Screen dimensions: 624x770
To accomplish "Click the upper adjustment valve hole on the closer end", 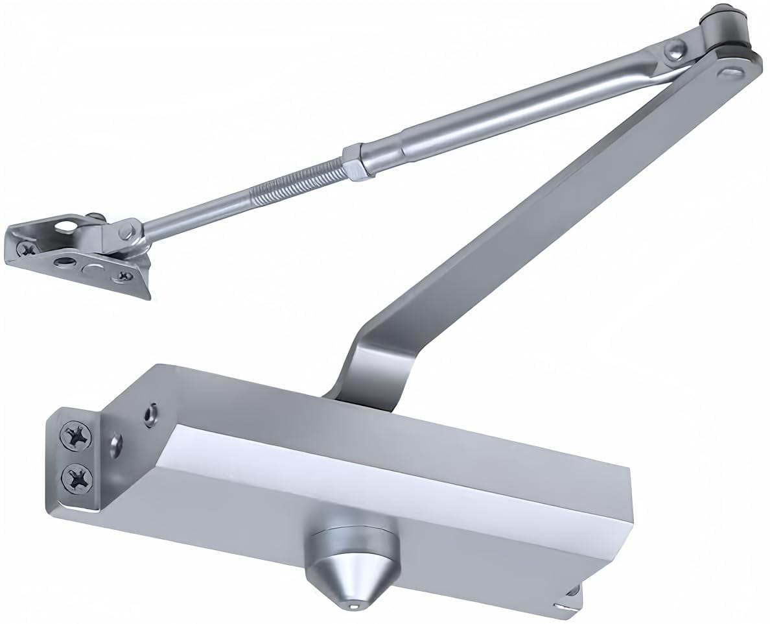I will pos(151,413).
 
